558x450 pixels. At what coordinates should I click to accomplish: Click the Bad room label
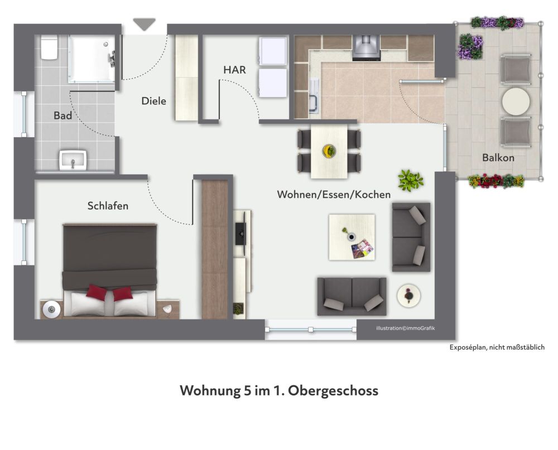tap(62, 115)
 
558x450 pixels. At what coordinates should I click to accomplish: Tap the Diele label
tap(153, 101)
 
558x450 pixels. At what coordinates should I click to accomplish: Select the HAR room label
tap(234, 70)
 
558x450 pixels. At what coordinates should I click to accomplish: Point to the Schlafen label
tap(108, 206)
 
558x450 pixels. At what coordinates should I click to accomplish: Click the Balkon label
tap(498, 158)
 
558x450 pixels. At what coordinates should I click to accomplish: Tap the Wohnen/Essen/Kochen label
tap(334, 195)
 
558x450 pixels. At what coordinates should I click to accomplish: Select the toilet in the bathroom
tap(49, 49)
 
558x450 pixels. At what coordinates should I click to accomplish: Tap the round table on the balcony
tap(516, 101)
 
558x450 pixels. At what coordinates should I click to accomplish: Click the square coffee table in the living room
tap(352, 237)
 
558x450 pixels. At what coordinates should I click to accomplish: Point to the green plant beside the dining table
tap(410, 180)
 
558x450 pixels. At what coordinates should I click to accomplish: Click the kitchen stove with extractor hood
tap(366, 47)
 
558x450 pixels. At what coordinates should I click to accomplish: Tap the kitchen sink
tap(314, 102)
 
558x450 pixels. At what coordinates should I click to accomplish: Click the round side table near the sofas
tap(409, 295)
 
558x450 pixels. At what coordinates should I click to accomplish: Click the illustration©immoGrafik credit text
tap(406, 328)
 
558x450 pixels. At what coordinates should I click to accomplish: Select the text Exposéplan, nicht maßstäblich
tap(497, 347)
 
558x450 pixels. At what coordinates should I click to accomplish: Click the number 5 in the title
tap(247, 390)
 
